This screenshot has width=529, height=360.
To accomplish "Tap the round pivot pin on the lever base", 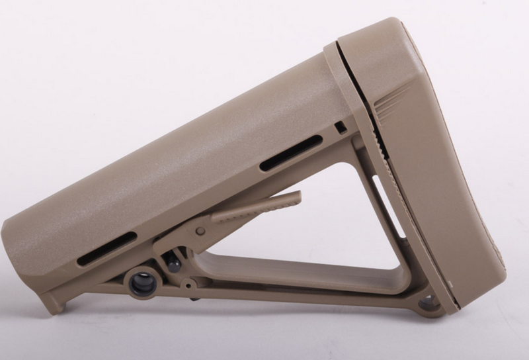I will coord(200,231).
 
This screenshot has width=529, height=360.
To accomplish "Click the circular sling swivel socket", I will coord(142,283).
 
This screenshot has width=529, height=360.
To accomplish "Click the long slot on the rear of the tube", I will coord(291,153).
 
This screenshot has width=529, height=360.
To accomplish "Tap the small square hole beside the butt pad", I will coord(341,127).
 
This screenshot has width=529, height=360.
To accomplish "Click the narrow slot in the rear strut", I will coord(389,206).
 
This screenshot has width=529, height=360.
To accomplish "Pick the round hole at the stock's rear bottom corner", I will coord(429,303).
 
